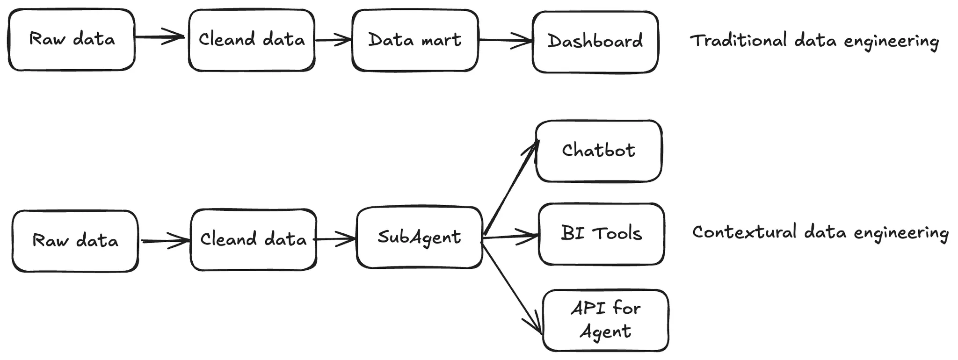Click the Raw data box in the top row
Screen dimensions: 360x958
pos(72,40)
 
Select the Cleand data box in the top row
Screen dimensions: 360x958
pos(252,40)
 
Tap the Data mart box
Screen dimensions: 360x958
pos(415,41)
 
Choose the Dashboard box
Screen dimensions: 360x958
pos(595,42)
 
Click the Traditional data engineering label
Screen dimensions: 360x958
pos(814,41)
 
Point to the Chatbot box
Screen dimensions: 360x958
pos(598,151)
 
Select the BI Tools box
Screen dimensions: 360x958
pos(601,234)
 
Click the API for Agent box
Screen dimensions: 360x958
pos(605,320)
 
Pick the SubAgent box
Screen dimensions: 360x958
pos(419,238)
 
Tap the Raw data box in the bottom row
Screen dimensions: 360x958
pos(75,241)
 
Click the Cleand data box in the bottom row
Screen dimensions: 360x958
pos(253,239)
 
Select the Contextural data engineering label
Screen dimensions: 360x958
pos(820,232)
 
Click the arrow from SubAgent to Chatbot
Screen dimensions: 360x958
pos(510,187)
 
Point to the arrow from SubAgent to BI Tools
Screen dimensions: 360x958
pos(510,236)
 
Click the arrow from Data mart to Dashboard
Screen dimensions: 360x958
pos(505,40)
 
